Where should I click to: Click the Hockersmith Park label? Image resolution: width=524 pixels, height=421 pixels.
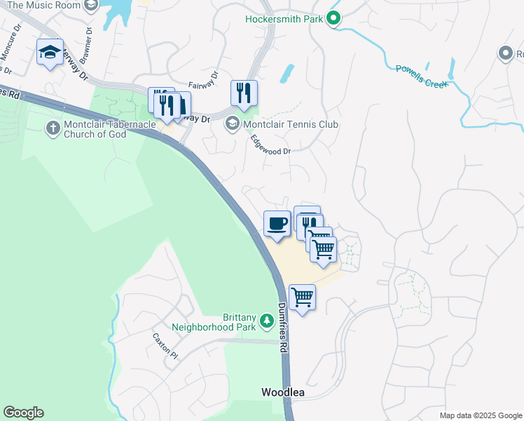[284, 19]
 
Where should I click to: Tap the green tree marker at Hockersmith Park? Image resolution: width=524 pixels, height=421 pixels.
[334, 19]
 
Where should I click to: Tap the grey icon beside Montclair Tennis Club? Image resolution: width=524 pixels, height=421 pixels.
[232, 124]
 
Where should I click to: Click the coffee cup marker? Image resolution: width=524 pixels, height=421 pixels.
[277, 224]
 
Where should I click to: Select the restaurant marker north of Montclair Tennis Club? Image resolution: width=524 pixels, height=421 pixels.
[244, 93]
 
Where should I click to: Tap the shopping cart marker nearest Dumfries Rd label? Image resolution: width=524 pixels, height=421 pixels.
[302, 298]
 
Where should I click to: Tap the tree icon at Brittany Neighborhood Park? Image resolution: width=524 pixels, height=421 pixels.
[266, 321]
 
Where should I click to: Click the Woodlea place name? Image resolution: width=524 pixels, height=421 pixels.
[283, 392]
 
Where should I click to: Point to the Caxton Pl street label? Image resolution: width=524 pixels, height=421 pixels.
[166, 345]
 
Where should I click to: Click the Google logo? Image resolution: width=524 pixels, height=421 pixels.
[23, 413]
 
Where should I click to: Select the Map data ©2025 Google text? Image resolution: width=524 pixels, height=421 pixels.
[480, 415]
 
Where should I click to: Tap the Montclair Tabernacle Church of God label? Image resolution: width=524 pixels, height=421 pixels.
[95, 129]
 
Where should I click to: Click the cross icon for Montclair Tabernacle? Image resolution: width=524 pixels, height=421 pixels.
[52, 128]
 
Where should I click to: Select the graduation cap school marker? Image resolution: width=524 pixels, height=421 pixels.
[50, 52]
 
